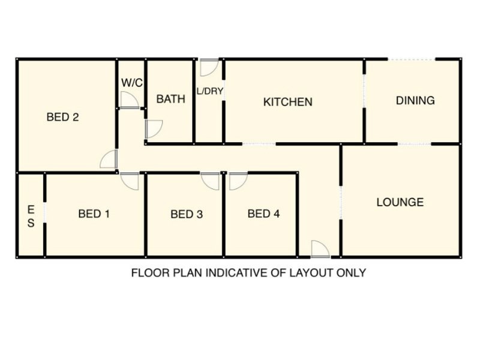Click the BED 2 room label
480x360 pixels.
tap(63, 117)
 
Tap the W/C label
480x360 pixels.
tap(132, 83)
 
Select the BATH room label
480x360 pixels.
tap(171, 99)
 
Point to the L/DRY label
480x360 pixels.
tap(209, 91)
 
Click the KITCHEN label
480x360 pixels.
tap(288, 102)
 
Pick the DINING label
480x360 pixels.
tap(415, 100)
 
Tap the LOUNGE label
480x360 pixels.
tap(400, 202)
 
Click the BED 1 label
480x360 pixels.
tap(94, 214)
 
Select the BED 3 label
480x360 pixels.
tap(187, 214)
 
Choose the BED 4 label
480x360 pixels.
tap(263, 214)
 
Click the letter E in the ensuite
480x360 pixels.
tap(31, 209)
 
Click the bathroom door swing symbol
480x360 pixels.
tap(154, 129)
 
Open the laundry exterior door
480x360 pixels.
tap(209, 67)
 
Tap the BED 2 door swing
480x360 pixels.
tap(109, 159)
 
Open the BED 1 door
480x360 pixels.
tap(130, 181)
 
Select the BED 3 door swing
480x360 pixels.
tap(211, 181)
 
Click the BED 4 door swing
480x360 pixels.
tap(238, 181)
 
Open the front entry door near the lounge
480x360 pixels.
tap(320, 249)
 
